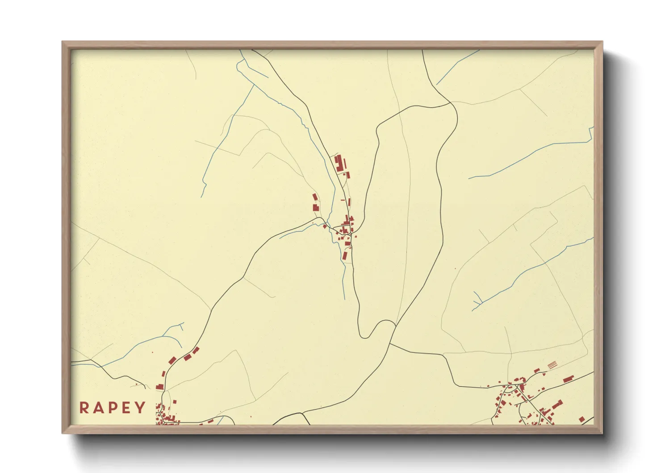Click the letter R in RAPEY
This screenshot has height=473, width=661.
click(x=84, y=407)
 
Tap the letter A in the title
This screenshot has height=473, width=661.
click(x=98, y=407)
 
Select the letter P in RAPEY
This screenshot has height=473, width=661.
click(x=113, y=407)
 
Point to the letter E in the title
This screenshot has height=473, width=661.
click(x=126, y=407)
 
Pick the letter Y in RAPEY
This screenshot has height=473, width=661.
click(x=140, y=407)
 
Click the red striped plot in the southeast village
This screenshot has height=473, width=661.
click(x=552, y=364)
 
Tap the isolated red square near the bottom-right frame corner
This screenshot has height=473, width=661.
click(x=582, y=419)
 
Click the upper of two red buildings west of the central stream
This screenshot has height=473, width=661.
click(x=314, y=197)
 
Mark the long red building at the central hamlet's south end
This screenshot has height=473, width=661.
click(x=344, y=255)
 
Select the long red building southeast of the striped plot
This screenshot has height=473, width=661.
click(x=568, y=379)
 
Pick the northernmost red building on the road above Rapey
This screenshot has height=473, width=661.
click(x=196, y=350)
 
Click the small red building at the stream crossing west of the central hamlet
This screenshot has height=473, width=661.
click(x=324, y=226)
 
